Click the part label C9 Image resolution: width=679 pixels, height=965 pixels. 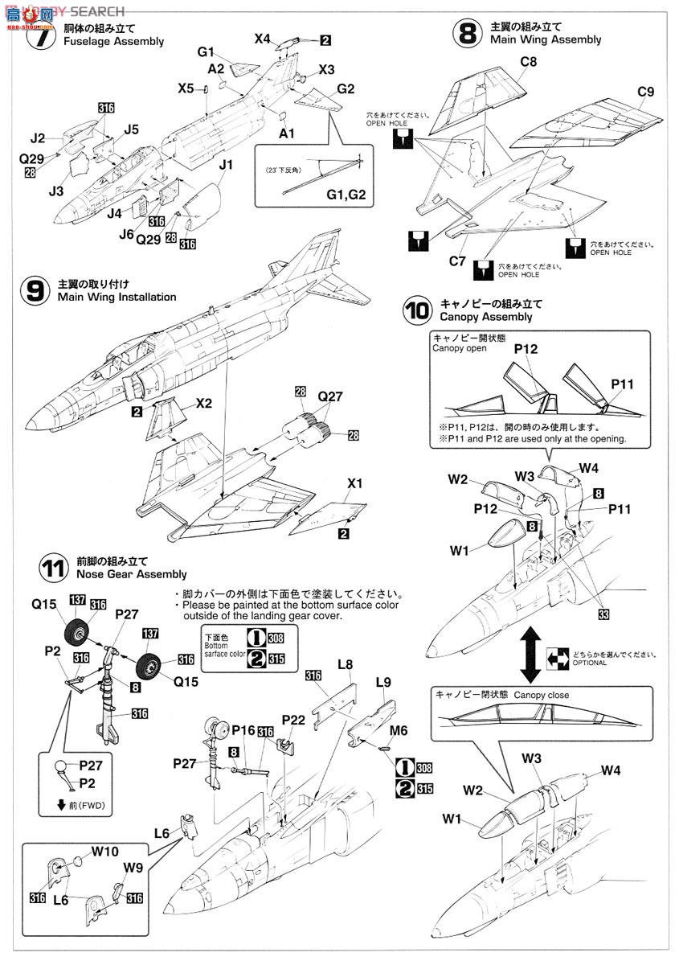click(646, 92)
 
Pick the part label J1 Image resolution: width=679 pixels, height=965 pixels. click(226, 165)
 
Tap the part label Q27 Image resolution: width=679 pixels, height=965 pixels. click(330, 396)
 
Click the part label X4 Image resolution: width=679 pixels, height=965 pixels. click(263, 38)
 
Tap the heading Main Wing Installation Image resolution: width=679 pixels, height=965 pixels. click(117, 298)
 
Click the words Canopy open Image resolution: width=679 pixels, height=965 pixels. click(460, 349)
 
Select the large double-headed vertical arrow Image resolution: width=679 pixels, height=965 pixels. click(529, 643)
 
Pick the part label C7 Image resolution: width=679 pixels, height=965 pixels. click(457, 261)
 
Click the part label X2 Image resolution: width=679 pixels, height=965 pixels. click(203, 404)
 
